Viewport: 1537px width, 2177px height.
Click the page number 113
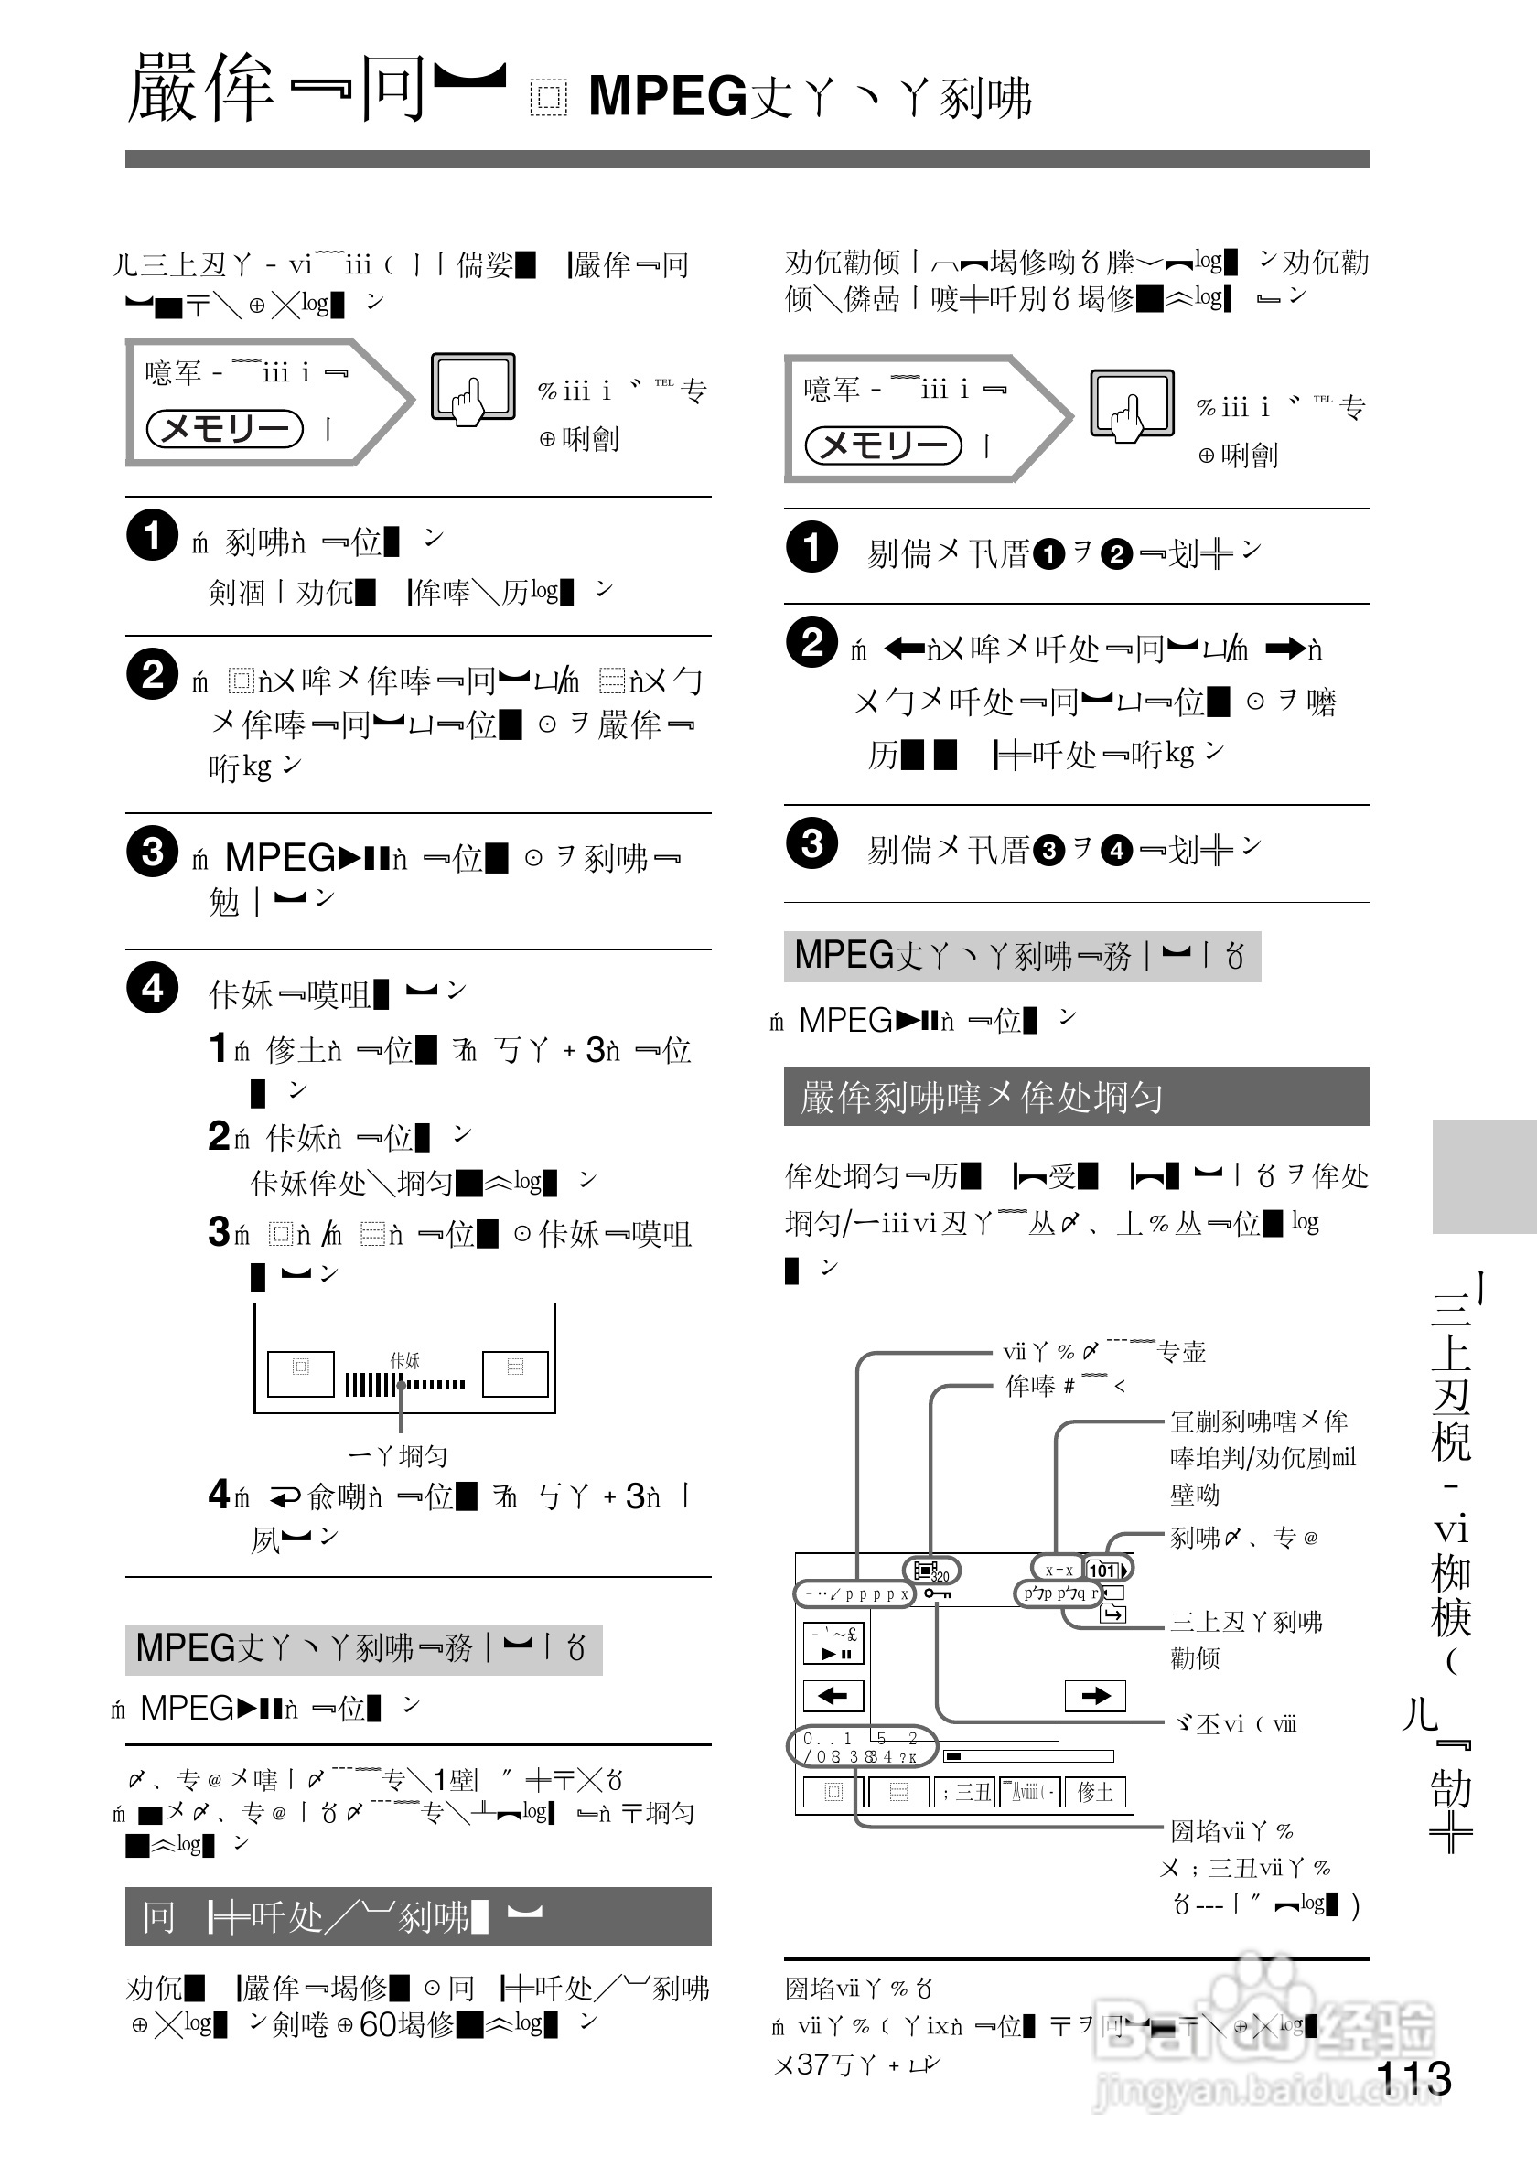[x=1413, y=2077]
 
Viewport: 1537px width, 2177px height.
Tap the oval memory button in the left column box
[x=225, y=429]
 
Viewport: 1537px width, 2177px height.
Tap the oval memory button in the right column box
[x=883, y=445]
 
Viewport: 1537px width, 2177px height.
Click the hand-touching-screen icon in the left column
[x=473, y=387]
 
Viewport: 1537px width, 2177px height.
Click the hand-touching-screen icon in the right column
[x=1131, y=404]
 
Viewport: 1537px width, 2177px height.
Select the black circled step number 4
[x=152, y=988]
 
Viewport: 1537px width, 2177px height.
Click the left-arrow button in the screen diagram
[x=833, y=1695]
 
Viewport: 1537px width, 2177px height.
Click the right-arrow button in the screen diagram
[x=1095, y=1695]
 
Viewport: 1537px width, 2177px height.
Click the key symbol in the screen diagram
[x=937, y=1593]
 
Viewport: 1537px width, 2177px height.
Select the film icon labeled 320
[x=930, y=1571]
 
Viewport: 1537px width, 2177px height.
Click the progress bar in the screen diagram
[x=1027, y=1756]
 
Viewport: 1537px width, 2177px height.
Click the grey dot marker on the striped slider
[x=401, y=1384]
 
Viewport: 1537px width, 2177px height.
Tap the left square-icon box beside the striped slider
[x=301, y=1373]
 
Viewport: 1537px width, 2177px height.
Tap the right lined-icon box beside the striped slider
[x=515, y=1373]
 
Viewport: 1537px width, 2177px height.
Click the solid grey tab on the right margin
[x=1483, y=1175]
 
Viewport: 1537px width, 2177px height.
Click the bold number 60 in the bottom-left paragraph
[x=377, y=2024]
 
